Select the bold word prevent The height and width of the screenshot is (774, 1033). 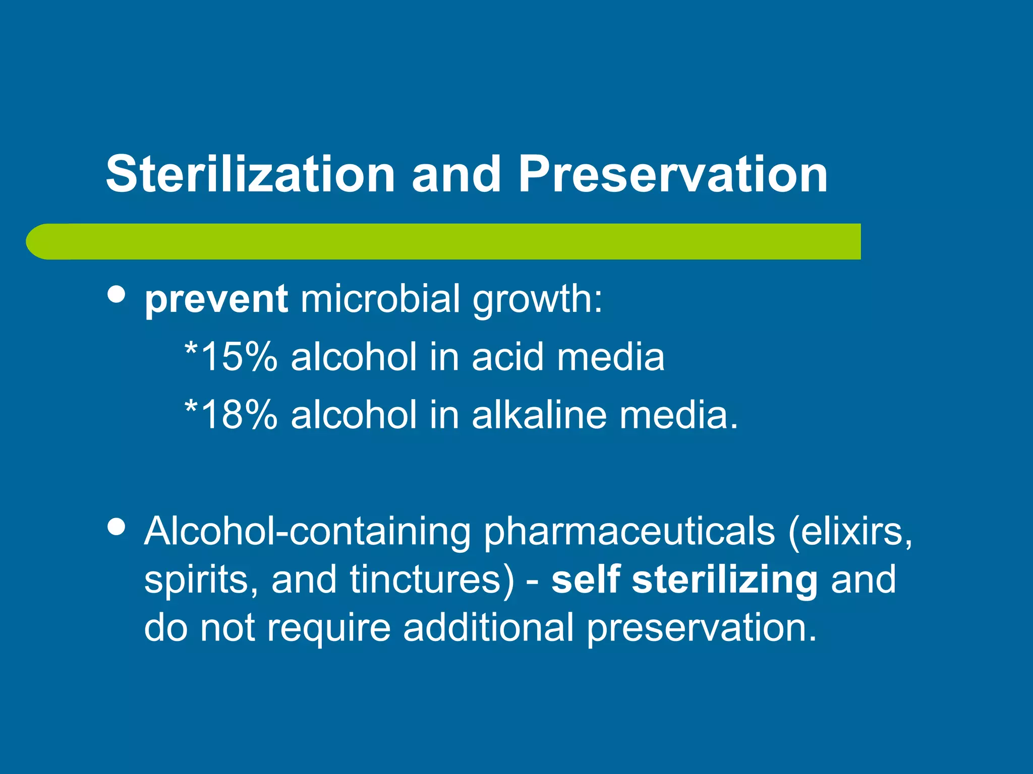point(216,299)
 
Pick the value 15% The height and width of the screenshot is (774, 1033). point(238,357)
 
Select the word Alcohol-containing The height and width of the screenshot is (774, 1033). point(307,532)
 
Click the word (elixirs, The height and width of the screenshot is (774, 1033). point(850,532)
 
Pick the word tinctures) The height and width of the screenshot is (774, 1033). point(432,579)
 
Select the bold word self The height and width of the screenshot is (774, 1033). point(585,579)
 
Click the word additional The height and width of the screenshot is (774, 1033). point(488,628)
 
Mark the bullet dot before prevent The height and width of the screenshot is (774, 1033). point(117,294)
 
